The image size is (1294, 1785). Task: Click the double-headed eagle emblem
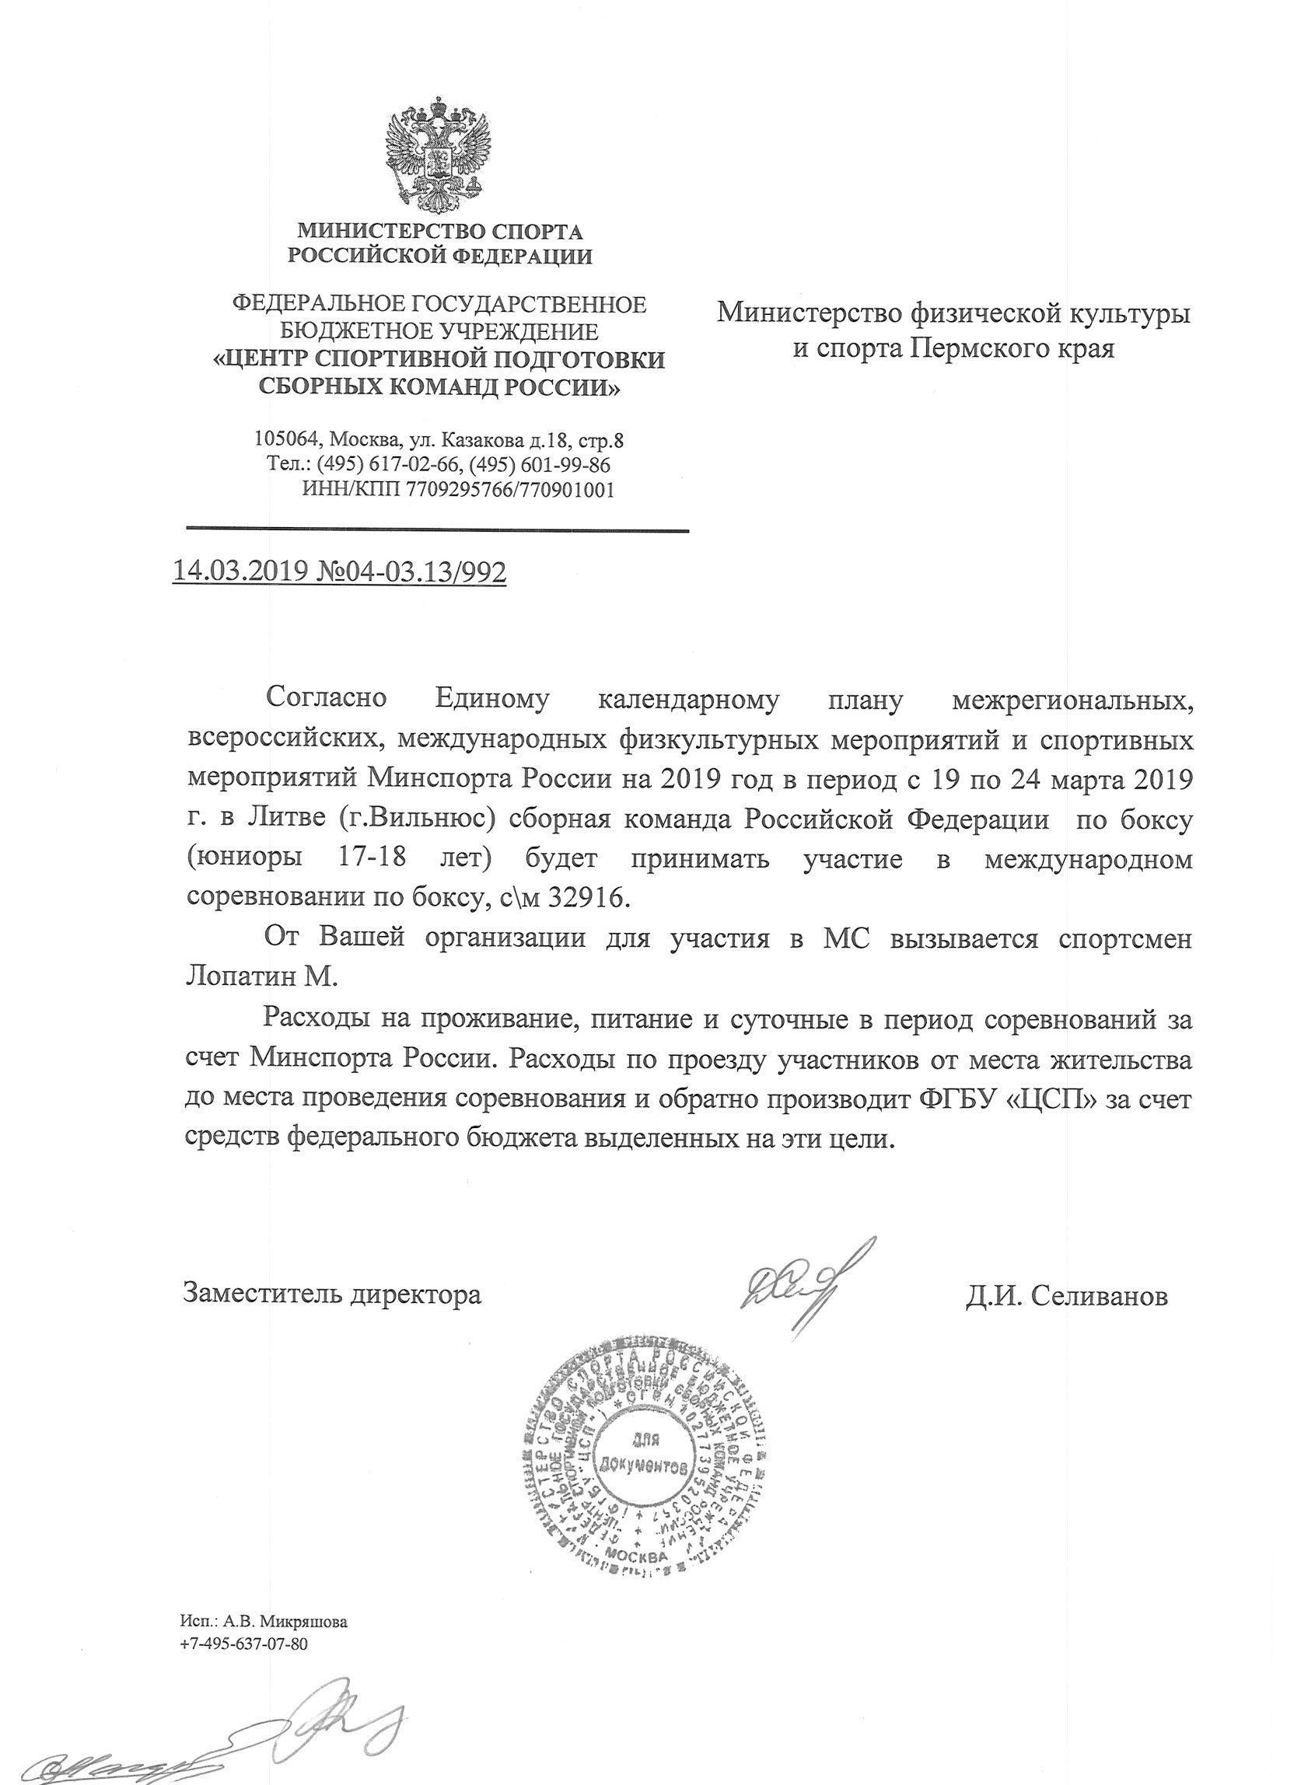(x=439, y=155)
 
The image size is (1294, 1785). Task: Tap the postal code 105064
(x=287, y=439)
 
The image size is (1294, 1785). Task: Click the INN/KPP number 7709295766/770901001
(x=509, y=490)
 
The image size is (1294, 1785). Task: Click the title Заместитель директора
(x=331, y=1294)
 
